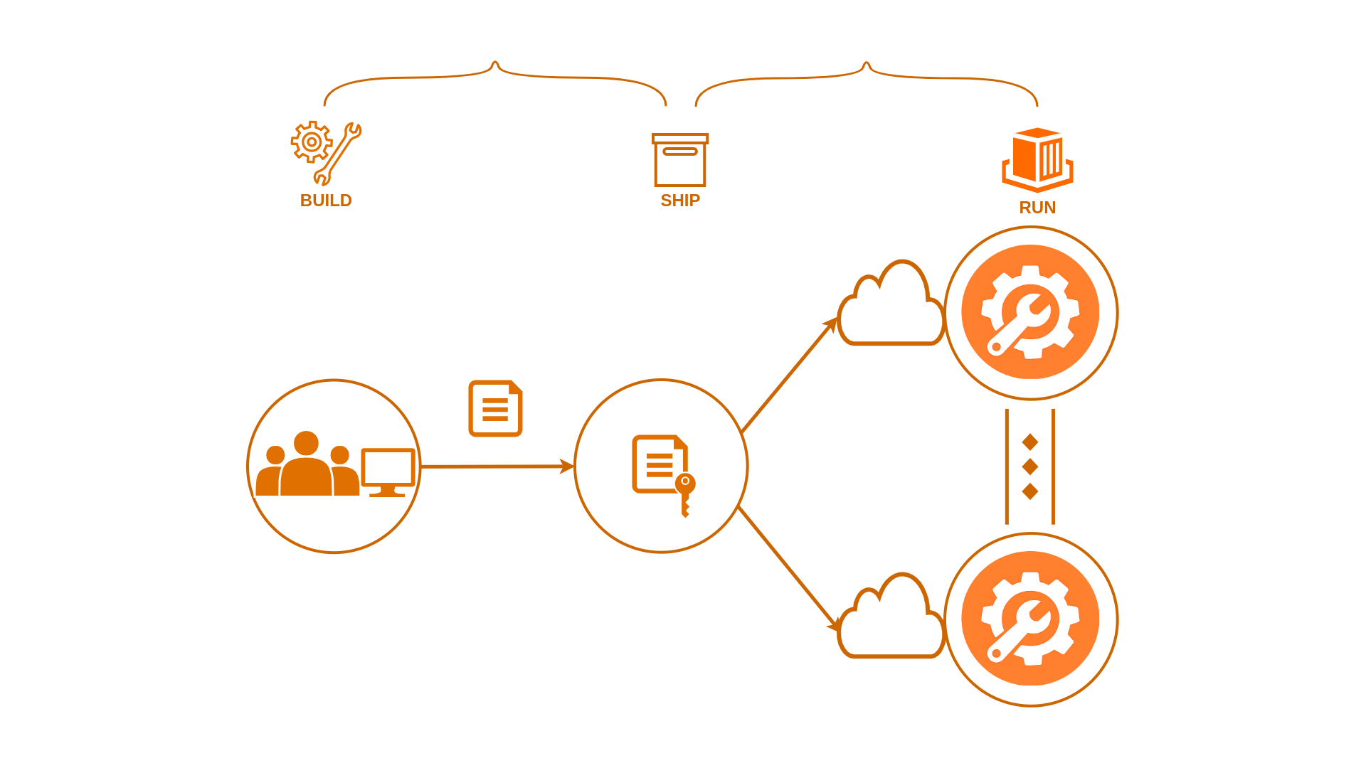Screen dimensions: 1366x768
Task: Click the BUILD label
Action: coord(326,201)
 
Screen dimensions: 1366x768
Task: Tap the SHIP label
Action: coord(680,201)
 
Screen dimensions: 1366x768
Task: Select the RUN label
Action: coord(1037,208)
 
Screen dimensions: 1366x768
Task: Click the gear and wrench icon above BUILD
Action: coord(326,153)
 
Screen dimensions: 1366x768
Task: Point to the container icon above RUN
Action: coord(1037,160)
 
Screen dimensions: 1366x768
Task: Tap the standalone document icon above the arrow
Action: coord(495,408)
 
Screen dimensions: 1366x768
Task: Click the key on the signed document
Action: coord(685,495)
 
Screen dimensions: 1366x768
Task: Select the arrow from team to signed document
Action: coord(497,466)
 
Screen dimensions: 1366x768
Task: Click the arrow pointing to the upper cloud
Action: coord(789,375)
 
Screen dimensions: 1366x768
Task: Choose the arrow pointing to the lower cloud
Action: coord(788,569)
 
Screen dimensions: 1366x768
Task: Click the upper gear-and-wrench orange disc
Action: coord(1030,312)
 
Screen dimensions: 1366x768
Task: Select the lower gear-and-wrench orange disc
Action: coord(1030,619)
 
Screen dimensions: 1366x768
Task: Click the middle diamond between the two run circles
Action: coord(1030,466)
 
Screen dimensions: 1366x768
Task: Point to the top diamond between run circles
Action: coord(1030,442)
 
